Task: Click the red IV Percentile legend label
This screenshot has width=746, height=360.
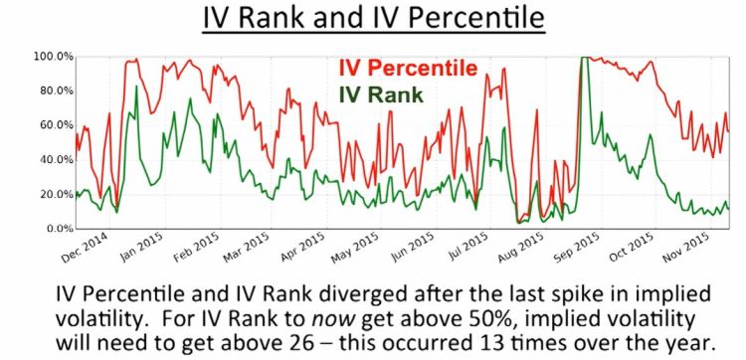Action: (408, 69)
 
